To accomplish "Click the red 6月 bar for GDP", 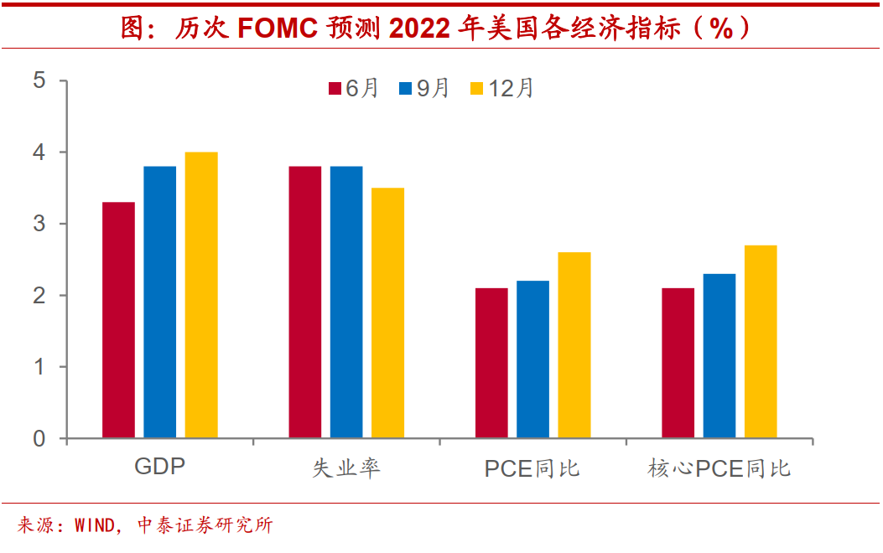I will click(118, 320).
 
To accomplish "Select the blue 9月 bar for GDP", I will click(160, 302).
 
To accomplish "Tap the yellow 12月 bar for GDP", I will click(201, 295).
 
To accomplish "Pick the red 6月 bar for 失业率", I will click(305, 302).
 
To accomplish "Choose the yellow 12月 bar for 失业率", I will click(387, 313).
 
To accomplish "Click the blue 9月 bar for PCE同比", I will click(532, 359).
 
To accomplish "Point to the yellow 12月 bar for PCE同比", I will click(574, 345).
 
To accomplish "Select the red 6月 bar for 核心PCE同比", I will click(678, 363).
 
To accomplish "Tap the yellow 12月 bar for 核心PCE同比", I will click(761, 342).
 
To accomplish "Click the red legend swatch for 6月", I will click(334, 89).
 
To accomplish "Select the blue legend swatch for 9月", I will click(405, 89).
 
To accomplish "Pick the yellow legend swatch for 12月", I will click(476, 89).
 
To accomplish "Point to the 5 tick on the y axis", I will click(39, 81).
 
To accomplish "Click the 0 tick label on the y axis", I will click(39, 438).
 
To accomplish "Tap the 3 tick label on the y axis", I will click(39, 224).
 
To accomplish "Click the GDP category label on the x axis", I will click(159, 467).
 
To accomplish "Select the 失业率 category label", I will click(346, 468).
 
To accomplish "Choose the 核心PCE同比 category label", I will click(719, 468).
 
